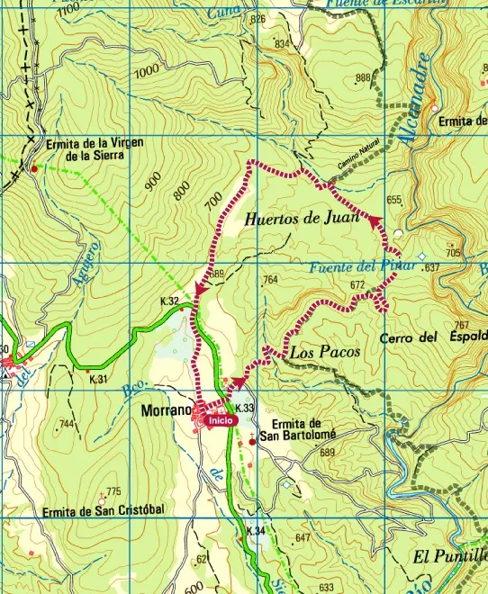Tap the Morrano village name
pyautogui.click(x=166, y=410)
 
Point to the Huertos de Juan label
pyautogui.click(x=302, y=217)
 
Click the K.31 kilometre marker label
pyautogui.click(x=98, y=380)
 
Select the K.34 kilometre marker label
pyautogui.click(x=256, y=532)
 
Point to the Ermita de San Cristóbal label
pyautogui.click(x=104, y=511)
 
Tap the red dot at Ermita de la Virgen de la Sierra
pyautogui.click(x=34, y=168)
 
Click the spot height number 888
pyautogui.click(x=363, y=78)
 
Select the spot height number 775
pyautogui.click(x=113, y=491)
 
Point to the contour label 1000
pyautogui.click(x=146, y=72)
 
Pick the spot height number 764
pyautogui.click(x=269, y=282)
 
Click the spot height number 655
pyautogui.click(x=393, y=200)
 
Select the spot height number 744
pyautogui.click(x=66, y=423)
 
